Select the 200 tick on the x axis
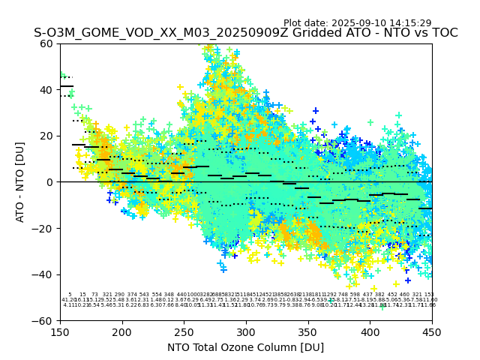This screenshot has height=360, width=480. (x=122, y=331)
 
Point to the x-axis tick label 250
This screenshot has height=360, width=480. (x=184, y=331)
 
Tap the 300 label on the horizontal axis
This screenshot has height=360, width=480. (x=246, y=331)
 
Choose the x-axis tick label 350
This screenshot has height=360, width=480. (x=308, y=331)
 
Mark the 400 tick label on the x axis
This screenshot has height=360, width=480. (x=370, y=331)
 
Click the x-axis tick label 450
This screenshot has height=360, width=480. (x=432, y=331)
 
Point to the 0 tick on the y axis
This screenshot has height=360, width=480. (x=51, y=182)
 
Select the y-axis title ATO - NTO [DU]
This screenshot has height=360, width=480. (x=21, y=182)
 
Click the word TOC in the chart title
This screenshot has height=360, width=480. (x=444, y=33)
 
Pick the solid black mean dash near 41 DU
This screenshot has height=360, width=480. (x=67, y=86)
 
